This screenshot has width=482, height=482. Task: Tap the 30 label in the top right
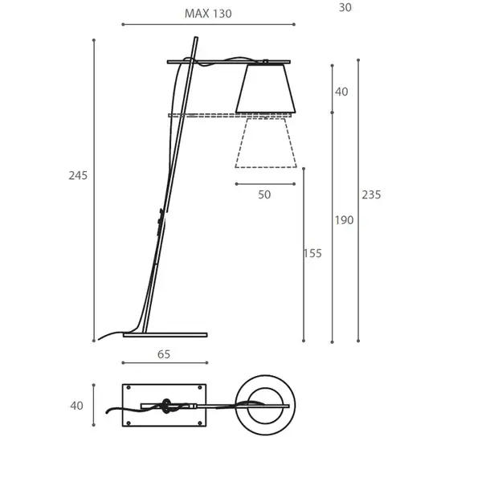point(345,7)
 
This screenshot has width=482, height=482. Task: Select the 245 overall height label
point(78,175)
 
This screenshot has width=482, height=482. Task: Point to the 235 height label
point(371,194)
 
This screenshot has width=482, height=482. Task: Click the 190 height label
point(344,220)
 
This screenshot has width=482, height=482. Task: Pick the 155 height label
point(312,253)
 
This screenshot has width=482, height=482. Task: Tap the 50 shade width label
point(264,194)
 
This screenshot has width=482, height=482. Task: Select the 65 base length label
point(164,354)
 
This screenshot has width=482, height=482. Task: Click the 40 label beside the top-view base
point(76,406)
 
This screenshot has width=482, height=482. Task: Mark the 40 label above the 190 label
point(341,92)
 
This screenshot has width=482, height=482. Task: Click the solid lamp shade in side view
point(266,88)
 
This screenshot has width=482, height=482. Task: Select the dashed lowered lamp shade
point(265,145)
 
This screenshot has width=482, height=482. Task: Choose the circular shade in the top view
point(265,406)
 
